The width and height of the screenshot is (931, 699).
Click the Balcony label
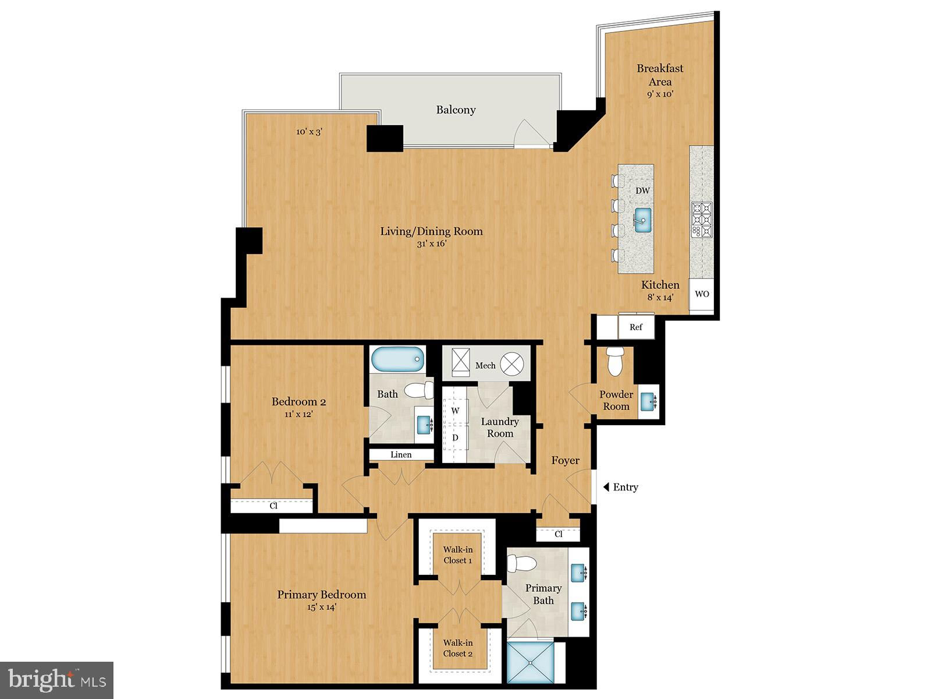pyautogui.click(x=456, y=110)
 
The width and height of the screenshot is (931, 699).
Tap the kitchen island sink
pyautogui.click(x=642, y=220)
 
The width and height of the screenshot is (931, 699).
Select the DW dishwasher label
pyautogui.click(x=642, y=190)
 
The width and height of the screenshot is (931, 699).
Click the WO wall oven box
pyautogui.click(x=702, y=294)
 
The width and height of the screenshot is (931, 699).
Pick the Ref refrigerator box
pyautogui.click(x=636, y=326)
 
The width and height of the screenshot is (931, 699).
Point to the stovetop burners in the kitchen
pyautogui.click(x=702, y=220)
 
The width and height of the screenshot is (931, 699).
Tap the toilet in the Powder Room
pyautogui.click(x=615, y=361)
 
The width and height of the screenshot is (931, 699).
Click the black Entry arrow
pyautogui.click(x=606, y=487)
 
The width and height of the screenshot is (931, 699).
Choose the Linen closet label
pyautogui.click(x=401, y=454)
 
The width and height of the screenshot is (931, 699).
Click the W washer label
pyautogui.click(x=455, y=411)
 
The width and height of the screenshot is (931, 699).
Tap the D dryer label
pyautogui.click(x=455, y=437)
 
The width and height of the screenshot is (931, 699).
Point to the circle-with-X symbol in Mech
pyautogui.click(x=512, y=364)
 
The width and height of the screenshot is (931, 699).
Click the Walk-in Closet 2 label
pyautogui.click(x=458, y=648)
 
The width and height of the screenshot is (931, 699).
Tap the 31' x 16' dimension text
pyautogui.click(x=431, y=243)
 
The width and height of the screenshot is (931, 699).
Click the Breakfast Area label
pyautogui.click(x=660, y=75)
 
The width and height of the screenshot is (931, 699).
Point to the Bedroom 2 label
pyautogui.click(x=299, y=401)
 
